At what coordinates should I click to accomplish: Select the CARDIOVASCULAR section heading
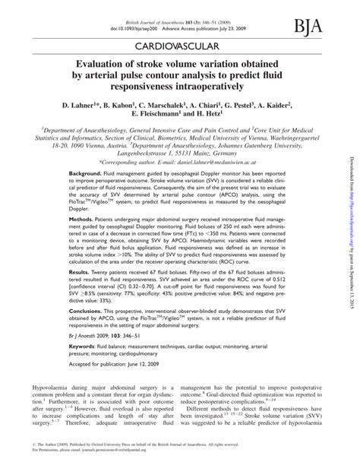tap(179, 47)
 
